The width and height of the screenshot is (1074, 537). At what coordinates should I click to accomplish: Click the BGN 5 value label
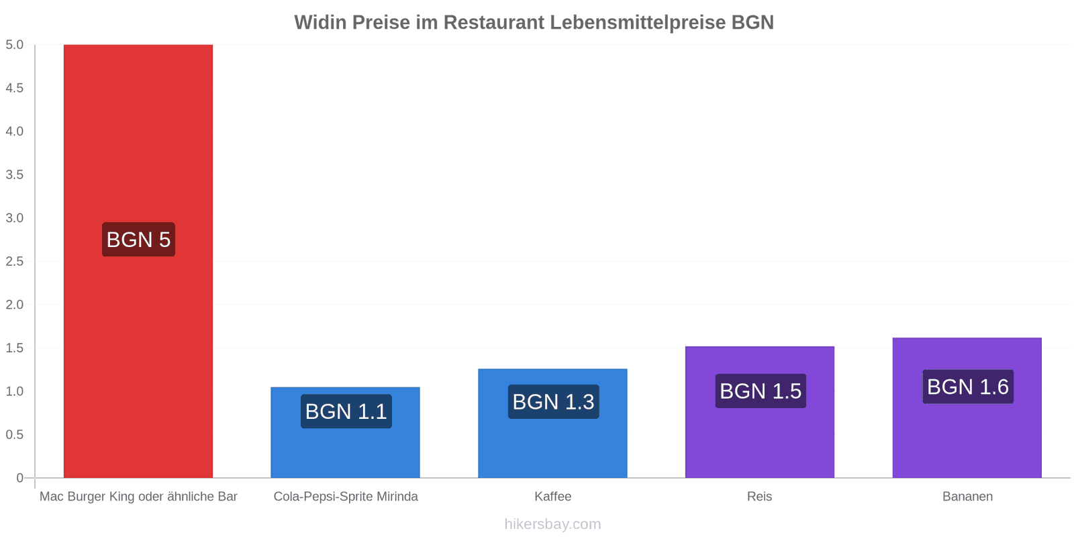pos(138,240)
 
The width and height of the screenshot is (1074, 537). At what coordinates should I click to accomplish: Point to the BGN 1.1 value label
pos(346,411)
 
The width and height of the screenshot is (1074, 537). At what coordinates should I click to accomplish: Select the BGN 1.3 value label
pos(553,402)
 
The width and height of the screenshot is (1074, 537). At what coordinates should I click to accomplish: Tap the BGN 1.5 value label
pos(761,391)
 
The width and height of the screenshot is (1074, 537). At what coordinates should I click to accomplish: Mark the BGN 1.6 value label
pos(968,387)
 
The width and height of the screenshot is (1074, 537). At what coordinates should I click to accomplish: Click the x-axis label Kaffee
pos(552,497)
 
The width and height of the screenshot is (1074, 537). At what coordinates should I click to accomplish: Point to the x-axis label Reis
pos(759,497)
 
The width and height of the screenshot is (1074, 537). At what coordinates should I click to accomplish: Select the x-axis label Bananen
pos(967,497)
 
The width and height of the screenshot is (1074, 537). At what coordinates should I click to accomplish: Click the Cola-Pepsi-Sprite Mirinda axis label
pos(345,497)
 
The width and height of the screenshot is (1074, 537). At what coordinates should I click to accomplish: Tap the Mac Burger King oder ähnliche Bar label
pos(138,497)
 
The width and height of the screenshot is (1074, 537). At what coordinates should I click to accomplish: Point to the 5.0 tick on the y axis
pos(15,45)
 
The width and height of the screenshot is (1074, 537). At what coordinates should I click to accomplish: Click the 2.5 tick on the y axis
pos(15,261)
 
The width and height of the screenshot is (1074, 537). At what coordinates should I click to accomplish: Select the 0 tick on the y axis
pos(20,478)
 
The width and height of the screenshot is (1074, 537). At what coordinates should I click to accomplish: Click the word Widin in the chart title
pos(320,23)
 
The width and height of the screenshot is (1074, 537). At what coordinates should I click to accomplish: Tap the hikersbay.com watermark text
pos(552,524)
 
